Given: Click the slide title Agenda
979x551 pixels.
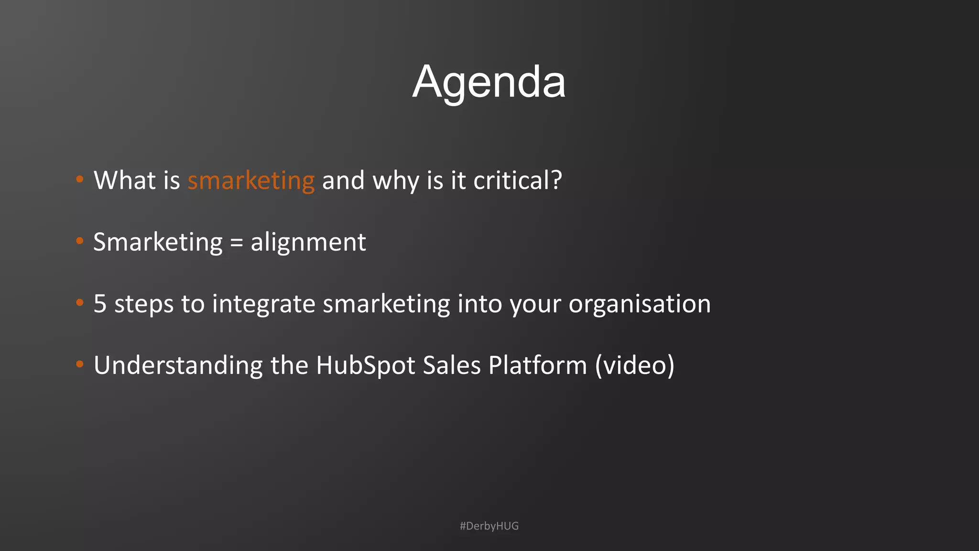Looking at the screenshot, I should tap(489, 82).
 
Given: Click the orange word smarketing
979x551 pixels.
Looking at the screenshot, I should tap(251, 181).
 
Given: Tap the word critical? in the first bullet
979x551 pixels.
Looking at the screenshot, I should tap(517, 181).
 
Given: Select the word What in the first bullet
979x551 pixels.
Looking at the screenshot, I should tap(125, 181).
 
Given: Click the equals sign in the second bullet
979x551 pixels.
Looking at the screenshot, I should tap(237, 242).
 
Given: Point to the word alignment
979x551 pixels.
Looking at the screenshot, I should tap(308, 242).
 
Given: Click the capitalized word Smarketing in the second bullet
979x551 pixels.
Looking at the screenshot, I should tap(158, 242).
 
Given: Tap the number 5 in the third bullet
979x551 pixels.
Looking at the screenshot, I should tap(100, 304).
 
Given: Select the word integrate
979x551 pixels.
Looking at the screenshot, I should tap(263, 304).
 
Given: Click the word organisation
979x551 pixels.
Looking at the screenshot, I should tap(640, 304).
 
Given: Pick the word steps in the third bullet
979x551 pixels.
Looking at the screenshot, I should tap(144, 304).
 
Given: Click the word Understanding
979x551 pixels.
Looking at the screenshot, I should tap(178, 366).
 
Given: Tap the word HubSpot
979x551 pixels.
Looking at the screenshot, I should tap(366, 366).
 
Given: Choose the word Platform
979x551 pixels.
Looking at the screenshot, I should tap(538, 366).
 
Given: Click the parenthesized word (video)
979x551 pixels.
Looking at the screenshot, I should tap(635, 366).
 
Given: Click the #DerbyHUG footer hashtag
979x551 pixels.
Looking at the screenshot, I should tap(489, 526).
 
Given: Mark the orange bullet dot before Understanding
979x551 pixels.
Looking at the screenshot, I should tap(80, 364).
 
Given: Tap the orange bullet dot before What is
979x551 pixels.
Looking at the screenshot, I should tap(80, 179).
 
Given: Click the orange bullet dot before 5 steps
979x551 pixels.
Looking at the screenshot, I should tap(80, 303).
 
